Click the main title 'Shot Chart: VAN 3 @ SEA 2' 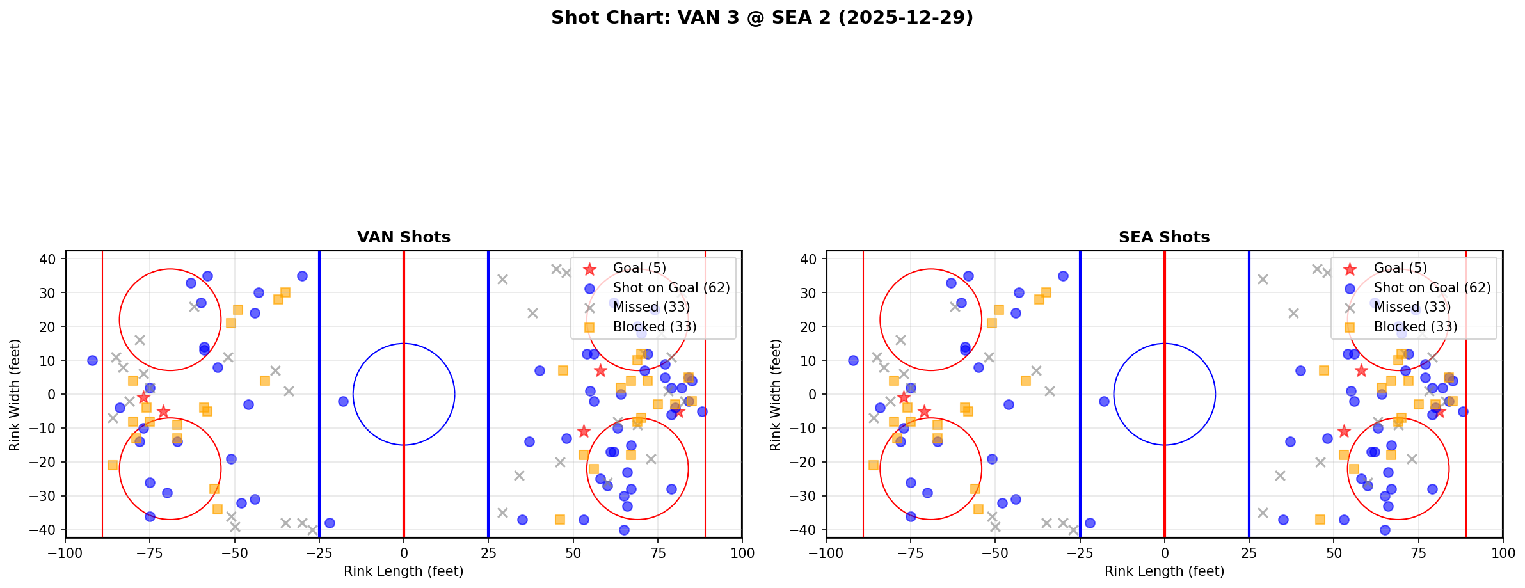[x=762, y=17]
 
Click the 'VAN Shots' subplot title [x=403, y=237]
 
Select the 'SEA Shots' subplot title [x=1163, y=237]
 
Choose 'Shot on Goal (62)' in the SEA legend [x=1432, y=288]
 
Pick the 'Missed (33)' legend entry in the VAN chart [x=651, y=307]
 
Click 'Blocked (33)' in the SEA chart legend [x=1415, y=327]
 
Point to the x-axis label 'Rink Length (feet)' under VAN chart [x=403, y=571]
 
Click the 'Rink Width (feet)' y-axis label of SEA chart [x=776, y=395]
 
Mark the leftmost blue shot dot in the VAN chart [x=92, y=360]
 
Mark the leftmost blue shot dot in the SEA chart [x=853, y=360]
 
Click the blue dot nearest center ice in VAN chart [x=343, y=401]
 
